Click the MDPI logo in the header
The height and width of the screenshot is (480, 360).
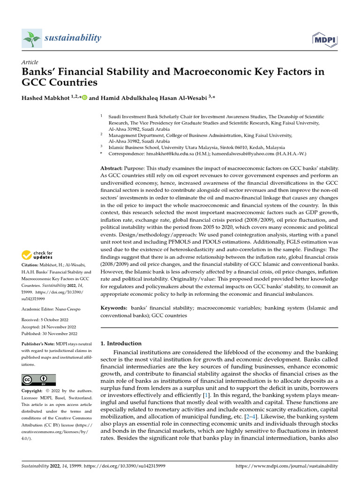pos(323,39)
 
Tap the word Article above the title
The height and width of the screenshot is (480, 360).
pos(30,62)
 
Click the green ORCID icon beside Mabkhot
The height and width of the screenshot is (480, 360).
pos(85,98)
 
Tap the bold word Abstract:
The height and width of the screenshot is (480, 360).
pos(112,168)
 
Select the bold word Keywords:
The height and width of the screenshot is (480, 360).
pos(114,308)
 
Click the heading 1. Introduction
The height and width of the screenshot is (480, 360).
pos(121,344)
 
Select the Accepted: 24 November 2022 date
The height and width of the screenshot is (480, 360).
pos(49,327)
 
